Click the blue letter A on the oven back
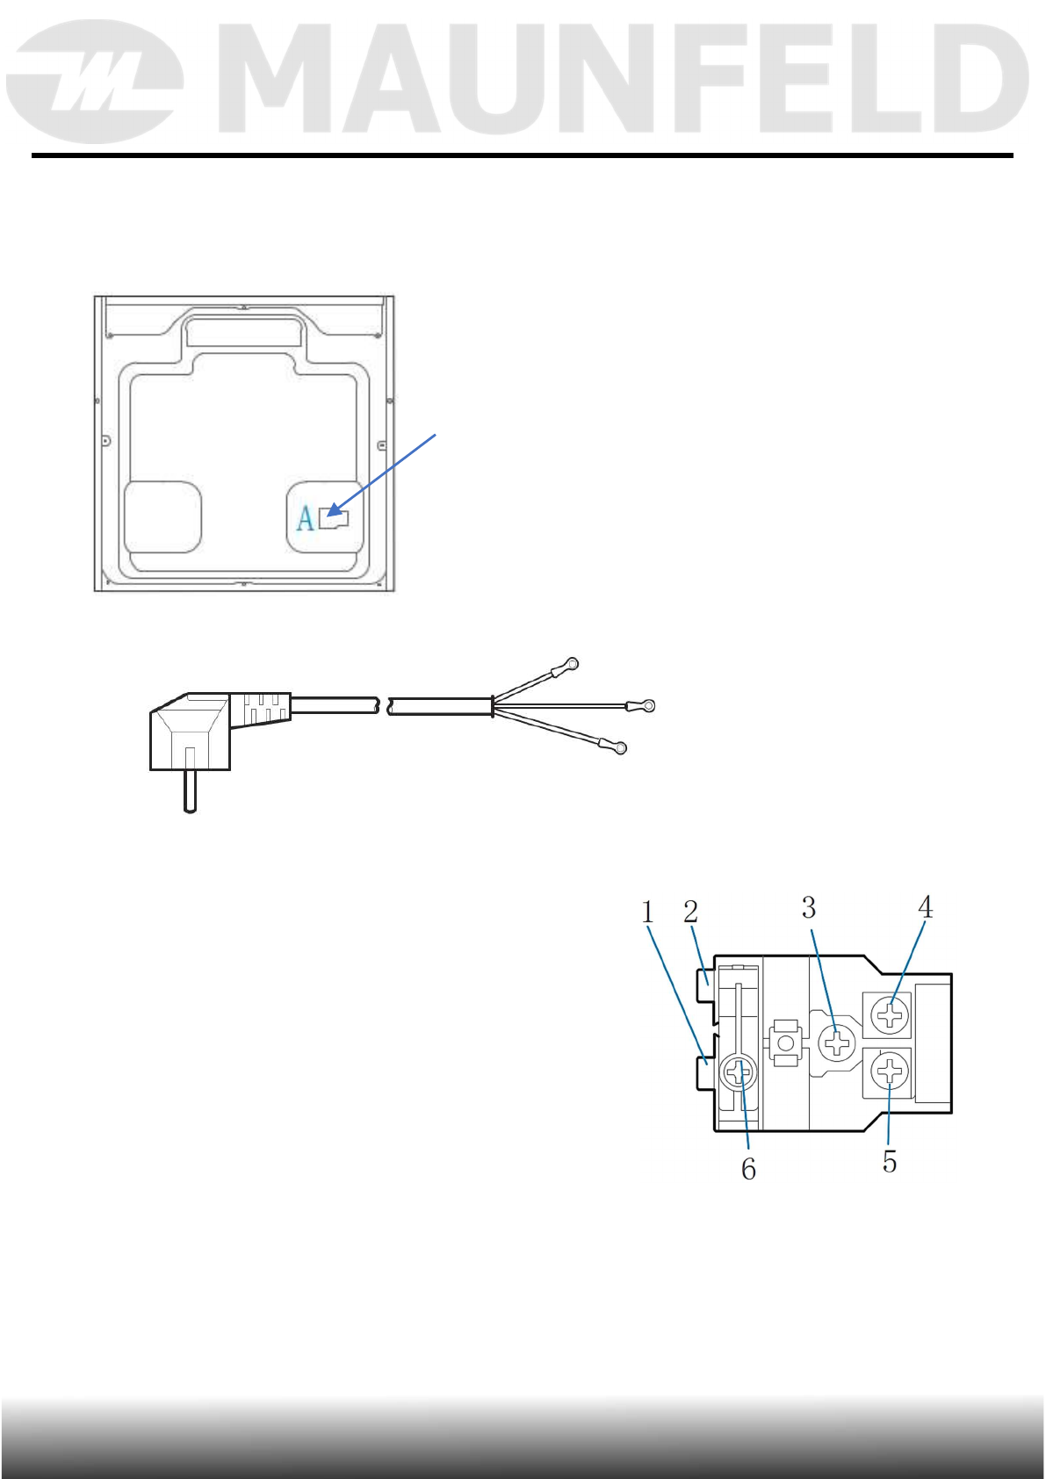305,519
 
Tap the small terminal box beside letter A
334,519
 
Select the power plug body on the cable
190,731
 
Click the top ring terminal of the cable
572,664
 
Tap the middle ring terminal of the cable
647,705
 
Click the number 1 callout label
647,913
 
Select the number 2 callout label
690,912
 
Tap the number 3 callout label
808,907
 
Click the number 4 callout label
925,906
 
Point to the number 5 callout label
890,1162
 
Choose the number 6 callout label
748,1169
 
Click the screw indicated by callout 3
836,1043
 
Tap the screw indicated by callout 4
891,1016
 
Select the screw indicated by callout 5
891,1071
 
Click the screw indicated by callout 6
739,1072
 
